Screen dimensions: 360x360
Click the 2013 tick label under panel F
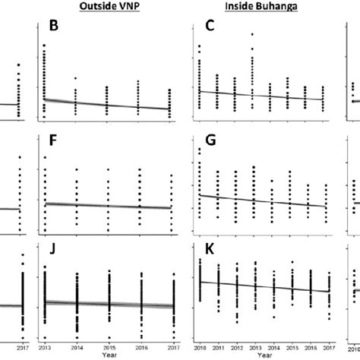point(45,239)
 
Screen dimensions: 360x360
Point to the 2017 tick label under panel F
point(172,239)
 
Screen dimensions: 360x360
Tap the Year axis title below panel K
point(264,355)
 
